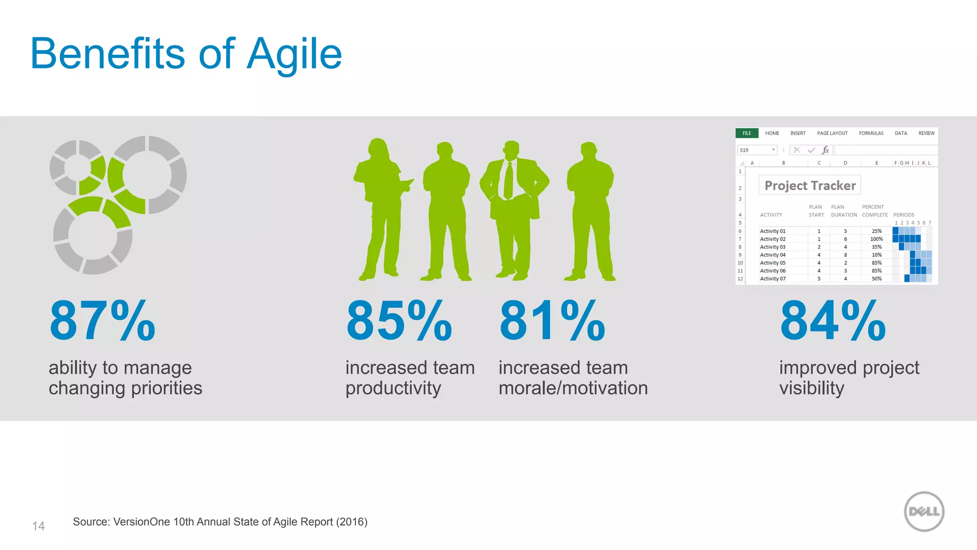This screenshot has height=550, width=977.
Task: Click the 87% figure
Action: coord(103,321)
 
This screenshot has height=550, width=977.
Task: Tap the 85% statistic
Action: coord(399,321)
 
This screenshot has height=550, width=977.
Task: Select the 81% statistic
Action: coord(552,321)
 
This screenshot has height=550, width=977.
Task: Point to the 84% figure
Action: coord(833,321)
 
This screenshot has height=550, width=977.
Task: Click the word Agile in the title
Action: coord(294,54)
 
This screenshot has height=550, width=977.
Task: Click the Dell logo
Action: coord(924,511)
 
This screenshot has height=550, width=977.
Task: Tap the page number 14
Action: coord(38,526)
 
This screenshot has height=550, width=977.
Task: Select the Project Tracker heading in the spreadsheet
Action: coord(810,185)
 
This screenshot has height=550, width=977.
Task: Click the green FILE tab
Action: coord(747,133)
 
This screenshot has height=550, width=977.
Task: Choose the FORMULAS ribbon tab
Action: coord(871,133)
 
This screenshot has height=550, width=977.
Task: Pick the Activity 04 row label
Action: coord(772,255)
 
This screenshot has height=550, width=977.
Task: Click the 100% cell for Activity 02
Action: coord(876,239)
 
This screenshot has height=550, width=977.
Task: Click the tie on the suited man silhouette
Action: coord(509,180)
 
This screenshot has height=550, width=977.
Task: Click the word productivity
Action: coord(393,388)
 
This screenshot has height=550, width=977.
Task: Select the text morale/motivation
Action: coord(573,388)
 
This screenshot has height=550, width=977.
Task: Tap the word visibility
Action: coord(811,388)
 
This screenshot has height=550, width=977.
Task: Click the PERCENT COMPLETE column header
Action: coord(874,211)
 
